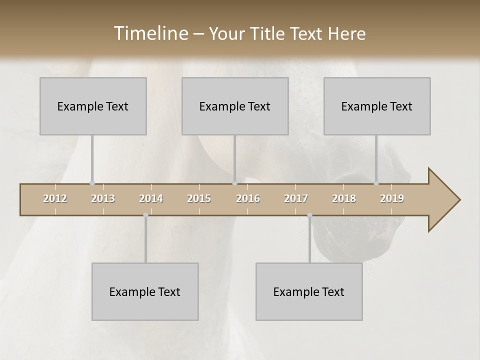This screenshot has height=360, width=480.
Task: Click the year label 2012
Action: [55, 198]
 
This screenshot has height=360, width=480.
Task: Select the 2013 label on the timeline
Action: [103, 198]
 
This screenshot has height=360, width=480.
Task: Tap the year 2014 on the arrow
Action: [151, 198]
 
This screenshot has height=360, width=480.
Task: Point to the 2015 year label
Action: [199, 198]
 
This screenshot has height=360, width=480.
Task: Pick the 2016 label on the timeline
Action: [248, 198]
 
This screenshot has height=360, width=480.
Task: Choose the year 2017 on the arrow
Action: [296, 198]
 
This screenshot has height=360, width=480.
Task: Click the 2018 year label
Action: [344, 198]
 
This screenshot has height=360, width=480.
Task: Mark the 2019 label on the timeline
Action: [392, 198]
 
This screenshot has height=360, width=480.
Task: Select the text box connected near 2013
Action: [93, 106]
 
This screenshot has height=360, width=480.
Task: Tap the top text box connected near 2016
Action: [235, 106]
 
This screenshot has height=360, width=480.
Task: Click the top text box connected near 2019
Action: [377, 106]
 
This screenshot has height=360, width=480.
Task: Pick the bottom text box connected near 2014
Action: [145, 291]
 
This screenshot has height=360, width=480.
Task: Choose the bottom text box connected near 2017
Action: [309, 291]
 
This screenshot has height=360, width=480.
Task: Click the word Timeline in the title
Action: [150, 33]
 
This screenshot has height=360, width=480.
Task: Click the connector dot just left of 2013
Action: [92, 183]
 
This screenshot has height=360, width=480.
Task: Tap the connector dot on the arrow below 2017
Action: [309, 215]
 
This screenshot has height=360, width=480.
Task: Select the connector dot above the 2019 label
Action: [376, 183]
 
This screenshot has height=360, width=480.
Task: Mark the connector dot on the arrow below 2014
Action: [145, 215]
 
